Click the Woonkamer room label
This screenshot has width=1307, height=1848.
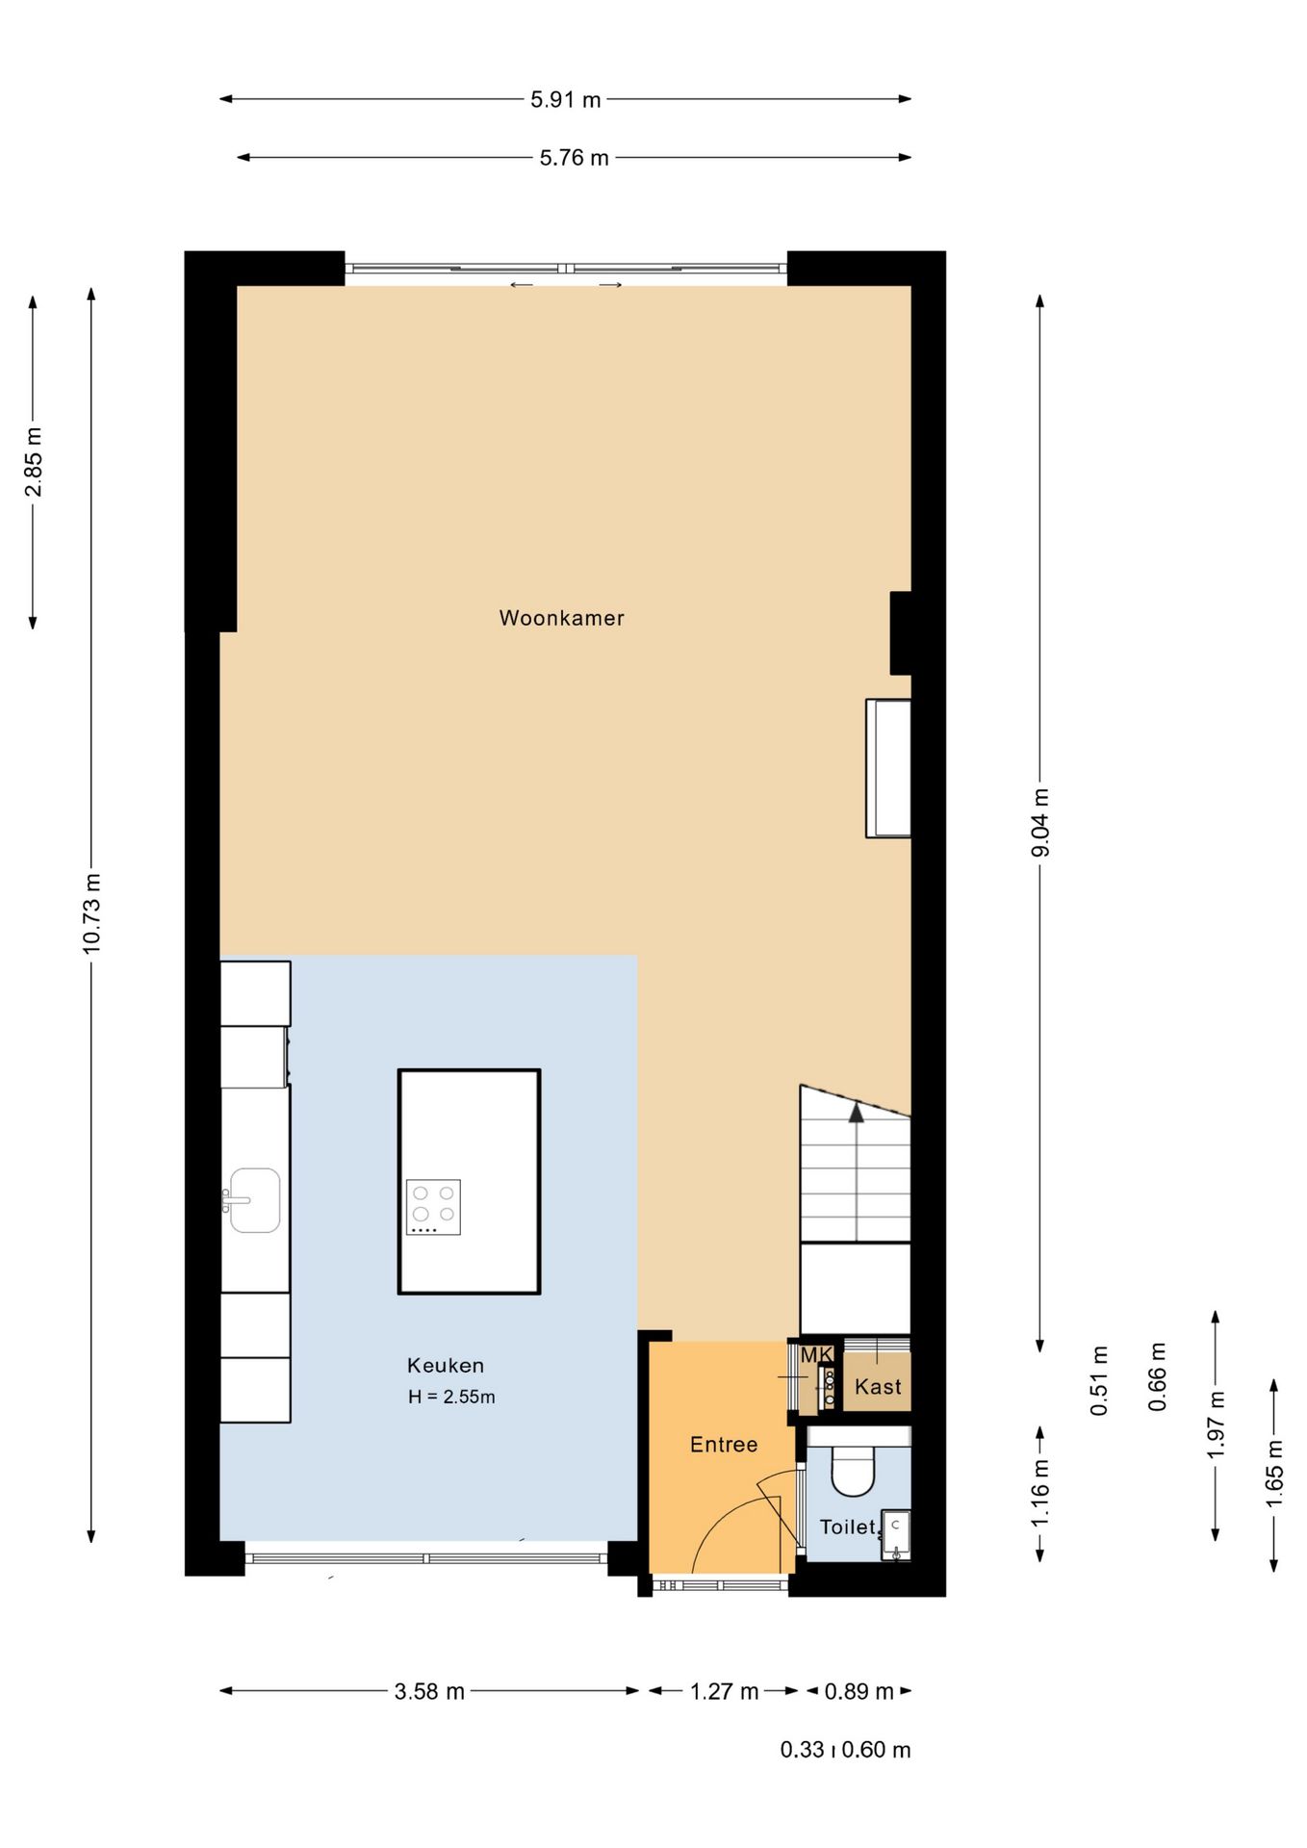click(x=561, y=618)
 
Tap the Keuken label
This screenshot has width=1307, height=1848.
click(x=446, y=1365)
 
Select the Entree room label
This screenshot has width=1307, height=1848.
click(x=724, y=1444)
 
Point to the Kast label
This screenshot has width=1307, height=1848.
click(x=878, y=1386)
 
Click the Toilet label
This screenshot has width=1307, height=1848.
click(x=848, y=1527)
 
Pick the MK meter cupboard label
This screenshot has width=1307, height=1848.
click(x=816, y=1354)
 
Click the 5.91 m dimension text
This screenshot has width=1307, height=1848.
click(x=566, y=99)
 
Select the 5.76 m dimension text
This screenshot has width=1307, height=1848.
click(x=575, y=158)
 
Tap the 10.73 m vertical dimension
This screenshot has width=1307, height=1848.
click(x=91, y=913)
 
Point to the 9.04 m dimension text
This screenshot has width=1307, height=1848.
click(x=1040, y=822)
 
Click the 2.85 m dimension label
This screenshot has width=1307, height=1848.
click(x=34, y=461)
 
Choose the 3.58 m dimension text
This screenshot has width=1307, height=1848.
click(x=429, y=1691)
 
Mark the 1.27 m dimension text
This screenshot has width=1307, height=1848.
click(x=725, y=1691)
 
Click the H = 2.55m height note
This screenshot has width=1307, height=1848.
click(x=451, y=1397)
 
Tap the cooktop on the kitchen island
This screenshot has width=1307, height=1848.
click(x=433, y=1207)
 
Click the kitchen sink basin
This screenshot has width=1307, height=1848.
click(x=255, y=1200)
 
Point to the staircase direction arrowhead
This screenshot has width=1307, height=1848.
click(x=856, y=1113)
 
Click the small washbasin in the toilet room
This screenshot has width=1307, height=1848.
click(x=896, y=1534)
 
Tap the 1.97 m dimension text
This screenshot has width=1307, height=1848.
click(x=1217, y=1424)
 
